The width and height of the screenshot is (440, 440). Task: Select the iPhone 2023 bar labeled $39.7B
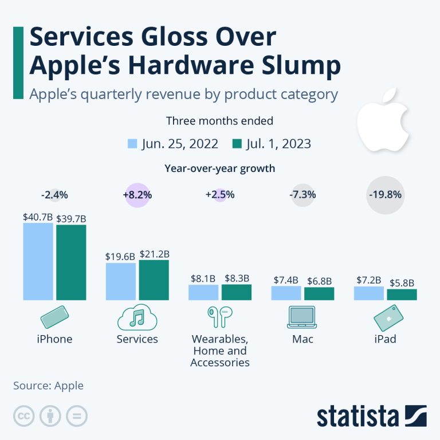point(71,262)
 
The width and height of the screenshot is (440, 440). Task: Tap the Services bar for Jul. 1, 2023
point(154,280)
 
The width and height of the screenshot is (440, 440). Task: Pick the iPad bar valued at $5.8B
point(402,294)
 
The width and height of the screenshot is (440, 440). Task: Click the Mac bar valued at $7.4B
point(286,293)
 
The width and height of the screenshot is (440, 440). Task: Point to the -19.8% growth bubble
point(385,194)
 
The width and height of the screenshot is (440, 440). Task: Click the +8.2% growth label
point(137,195)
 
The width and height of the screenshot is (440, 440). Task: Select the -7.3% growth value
point(302,195)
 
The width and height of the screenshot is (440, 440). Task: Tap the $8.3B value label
point(236,278)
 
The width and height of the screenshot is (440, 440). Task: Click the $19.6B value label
point(120,257)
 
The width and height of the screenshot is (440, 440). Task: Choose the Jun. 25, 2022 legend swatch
point(132,143)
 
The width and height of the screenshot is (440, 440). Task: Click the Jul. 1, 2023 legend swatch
point(237,143)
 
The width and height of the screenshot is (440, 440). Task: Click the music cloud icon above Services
point(137,317)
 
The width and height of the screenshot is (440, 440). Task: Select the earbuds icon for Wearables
point(220,317)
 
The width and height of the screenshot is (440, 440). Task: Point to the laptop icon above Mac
point(302,317)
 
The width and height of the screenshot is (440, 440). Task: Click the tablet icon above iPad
point(385,317)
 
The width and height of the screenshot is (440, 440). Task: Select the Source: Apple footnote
point(48,386)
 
